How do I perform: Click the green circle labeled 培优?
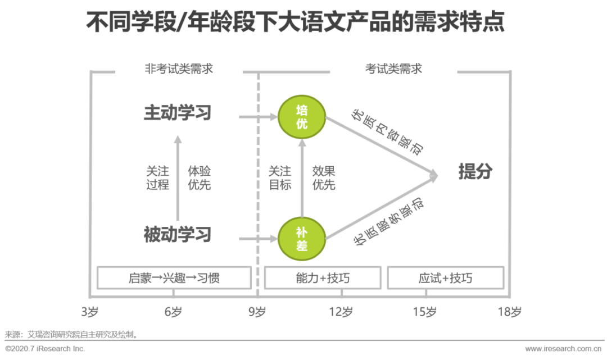click(302, 117)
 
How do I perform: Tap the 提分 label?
click(475, 172)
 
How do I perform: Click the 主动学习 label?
click(177, 112)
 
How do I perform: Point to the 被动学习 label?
click(177, 234)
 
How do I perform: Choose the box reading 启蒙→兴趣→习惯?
click(174, 278)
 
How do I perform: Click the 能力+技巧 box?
click(322, 278)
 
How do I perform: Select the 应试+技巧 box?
click(445, 278)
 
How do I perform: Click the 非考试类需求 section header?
click(179, 69)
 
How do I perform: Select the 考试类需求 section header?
click(393, 69)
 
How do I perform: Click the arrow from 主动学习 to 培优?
click(258, 117)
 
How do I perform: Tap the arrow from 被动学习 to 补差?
click(258, 239)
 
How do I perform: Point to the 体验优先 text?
click(200, 177)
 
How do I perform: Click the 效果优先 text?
click(324, 177)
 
